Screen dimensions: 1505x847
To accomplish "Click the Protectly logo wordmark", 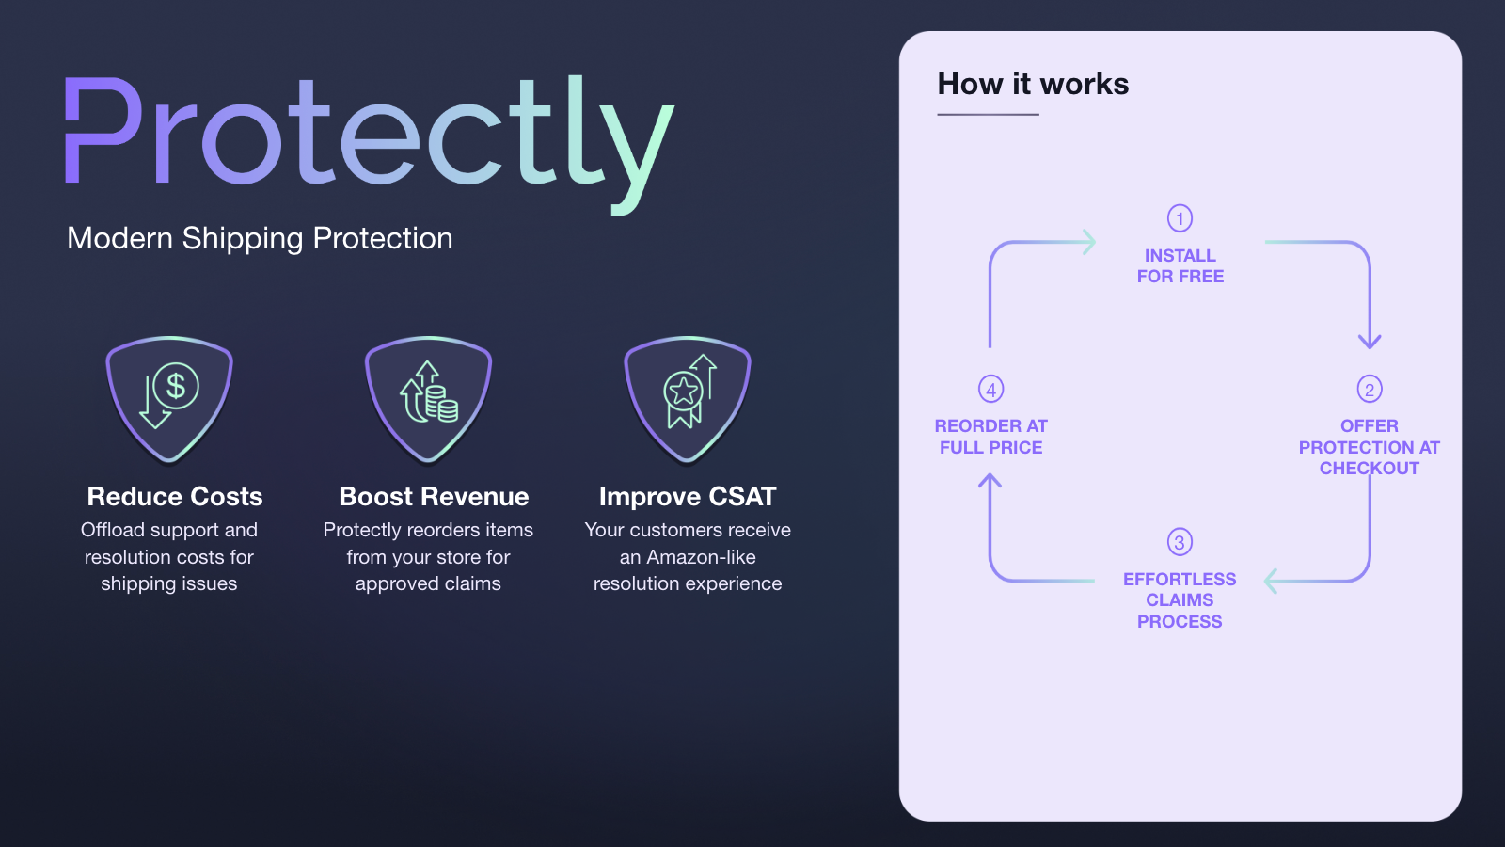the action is click(370, 145).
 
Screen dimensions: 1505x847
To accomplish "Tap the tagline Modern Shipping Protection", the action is click(260, 239).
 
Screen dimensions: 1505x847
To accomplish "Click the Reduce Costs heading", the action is click(175, 497).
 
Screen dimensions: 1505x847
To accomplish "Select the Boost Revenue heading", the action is click(434, 497).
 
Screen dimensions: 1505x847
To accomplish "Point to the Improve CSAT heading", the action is click(688, 497).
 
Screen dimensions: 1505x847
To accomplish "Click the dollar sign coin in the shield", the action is click(176, 386).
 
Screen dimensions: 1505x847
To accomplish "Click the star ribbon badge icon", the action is click(683, 399).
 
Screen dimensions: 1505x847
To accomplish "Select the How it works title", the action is click(1033, 84).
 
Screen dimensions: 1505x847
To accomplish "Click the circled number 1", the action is click(1180, 217).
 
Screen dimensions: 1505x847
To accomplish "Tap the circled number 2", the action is click(1370, 389).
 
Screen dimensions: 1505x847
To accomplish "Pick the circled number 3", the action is click(1180, 542).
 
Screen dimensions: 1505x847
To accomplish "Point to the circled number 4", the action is click(991, 389).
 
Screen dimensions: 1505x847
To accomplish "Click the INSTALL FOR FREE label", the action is click(1180, 265).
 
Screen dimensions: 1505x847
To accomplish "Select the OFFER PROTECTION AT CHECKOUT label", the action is click(1370, 447).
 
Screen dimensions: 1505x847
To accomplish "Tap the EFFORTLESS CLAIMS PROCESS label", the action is click(1180, 600).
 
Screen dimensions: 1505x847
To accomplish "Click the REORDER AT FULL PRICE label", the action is click(991, 437).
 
